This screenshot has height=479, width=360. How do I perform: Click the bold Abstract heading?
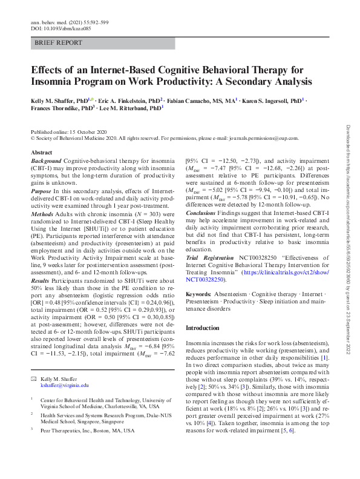pos(41,153)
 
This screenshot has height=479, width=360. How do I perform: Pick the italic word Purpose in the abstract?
pos(42,191)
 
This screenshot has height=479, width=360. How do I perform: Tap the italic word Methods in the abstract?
pos(43,213)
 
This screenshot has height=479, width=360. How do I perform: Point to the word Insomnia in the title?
pos(56,81)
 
